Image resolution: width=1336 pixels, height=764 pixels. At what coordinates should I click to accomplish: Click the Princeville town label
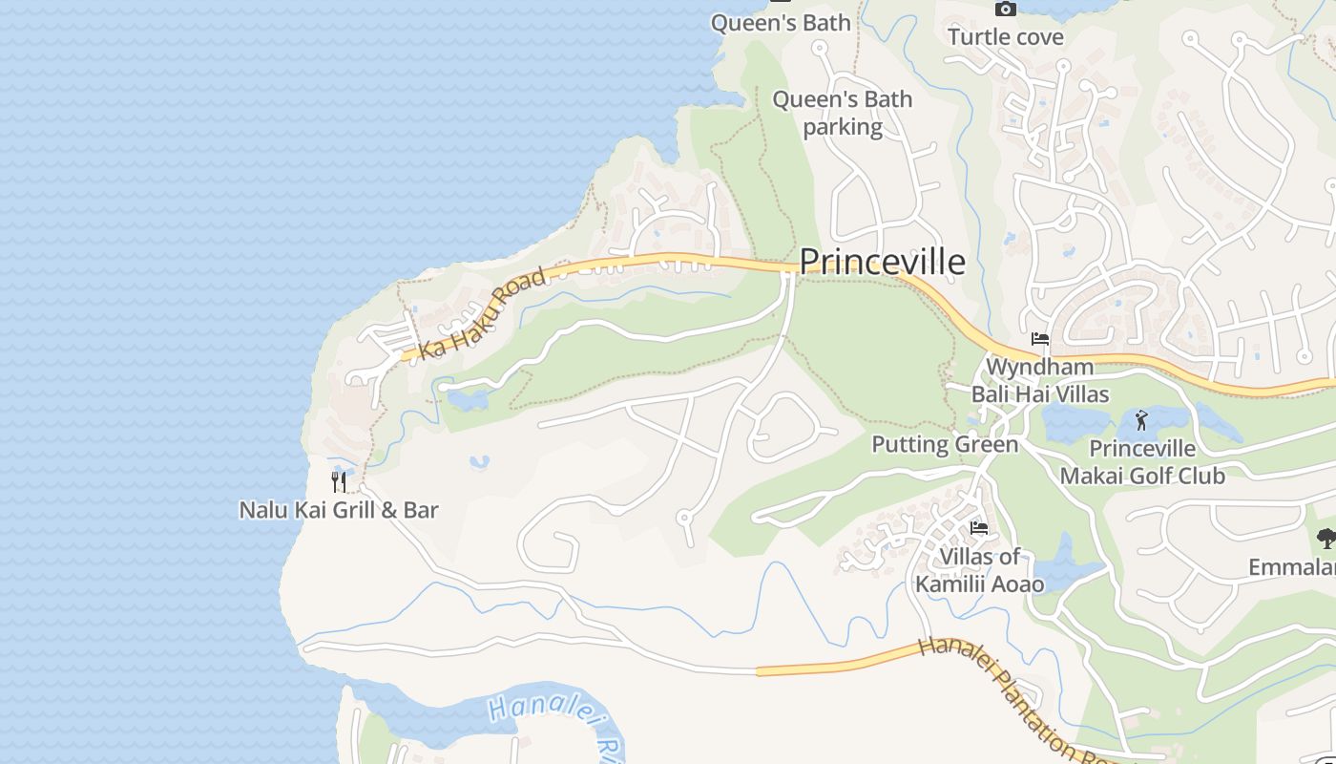click(882, 262)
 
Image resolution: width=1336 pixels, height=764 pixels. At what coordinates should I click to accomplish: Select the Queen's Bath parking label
click(842, 113)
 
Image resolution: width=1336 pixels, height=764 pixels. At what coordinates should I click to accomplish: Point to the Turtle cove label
click(1005, 37)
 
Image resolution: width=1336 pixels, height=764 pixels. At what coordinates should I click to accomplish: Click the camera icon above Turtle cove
click(1005, 9)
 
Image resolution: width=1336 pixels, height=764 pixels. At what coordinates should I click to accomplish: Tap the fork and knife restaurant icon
click(339, 481)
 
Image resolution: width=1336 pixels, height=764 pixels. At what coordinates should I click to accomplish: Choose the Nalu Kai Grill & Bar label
click(339, 510)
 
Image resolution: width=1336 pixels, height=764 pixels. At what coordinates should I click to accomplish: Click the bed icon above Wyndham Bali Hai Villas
click(1040, 339)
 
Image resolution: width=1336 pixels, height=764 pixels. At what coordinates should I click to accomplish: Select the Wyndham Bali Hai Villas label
click(1040, 380)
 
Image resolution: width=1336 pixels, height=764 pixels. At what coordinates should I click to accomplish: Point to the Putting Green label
click(945, 444)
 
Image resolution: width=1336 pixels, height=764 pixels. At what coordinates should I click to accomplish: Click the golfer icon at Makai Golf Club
click(1141, 419)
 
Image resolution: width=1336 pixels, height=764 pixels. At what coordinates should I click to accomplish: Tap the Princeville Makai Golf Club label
click(1142, 462)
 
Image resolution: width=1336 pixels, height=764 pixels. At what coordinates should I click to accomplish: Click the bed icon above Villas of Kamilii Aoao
click(978, 527)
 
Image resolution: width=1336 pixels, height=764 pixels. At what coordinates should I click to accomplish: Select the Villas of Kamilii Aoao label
click(980, 570)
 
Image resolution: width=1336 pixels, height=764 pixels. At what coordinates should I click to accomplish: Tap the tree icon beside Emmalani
click(1326, 539)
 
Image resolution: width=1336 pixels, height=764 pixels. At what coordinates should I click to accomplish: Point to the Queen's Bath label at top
click(781, 23)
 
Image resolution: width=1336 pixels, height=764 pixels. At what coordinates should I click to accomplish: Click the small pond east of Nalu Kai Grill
click(480, 462)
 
